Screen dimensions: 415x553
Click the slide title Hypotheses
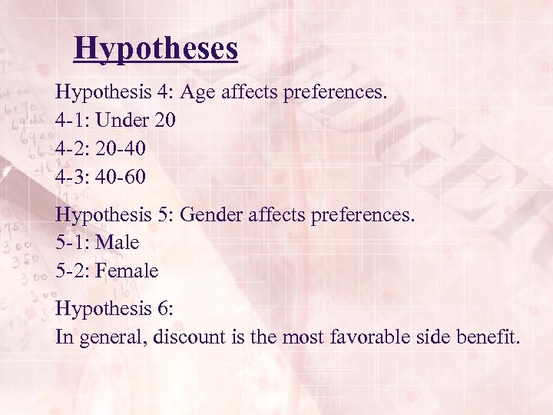coord(156,48)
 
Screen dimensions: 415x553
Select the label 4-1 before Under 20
coord(71,121)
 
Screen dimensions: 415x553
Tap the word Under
coord(121,121)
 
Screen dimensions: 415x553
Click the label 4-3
coord(71,177)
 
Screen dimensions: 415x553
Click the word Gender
coord(212,215)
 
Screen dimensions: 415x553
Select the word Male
coord(118,243)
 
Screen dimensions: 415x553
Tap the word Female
coord(127,271)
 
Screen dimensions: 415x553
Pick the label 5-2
coord(71,271)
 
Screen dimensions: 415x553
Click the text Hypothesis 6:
coord(114,309)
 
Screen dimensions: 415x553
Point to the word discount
coord(184,337)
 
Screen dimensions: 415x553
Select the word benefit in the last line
coord(489,337)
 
